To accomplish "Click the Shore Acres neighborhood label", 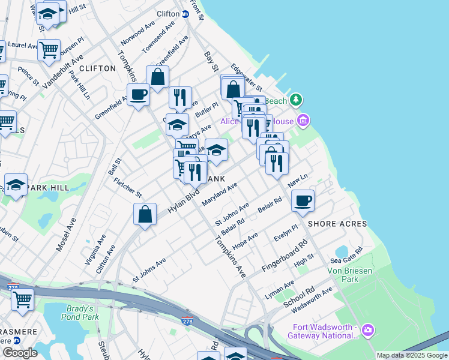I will pyautogui.click(x=337, y=224).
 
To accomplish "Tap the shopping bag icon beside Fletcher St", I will pyautogui.click(x=145, y=214).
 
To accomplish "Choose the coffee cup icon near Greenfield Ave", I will pyautogui.click(x=138, y=94).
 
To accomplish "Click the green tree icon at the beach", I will pyautogui.click(x=295, y=99).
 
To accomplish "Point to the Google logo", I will pyautogui.click(x=20, y=353).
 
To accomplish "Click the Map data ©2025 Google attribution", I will pyautogui.click(x=412, y=355).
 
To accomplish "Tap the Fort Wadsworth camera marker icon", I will pyautogui.click(x=368, y=330).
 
